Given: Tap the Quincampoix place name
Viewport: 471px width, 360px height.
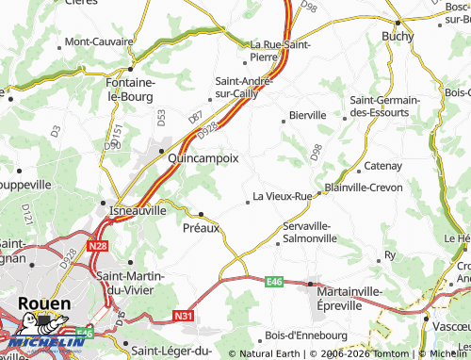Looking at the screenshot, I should click(x=203, y=159).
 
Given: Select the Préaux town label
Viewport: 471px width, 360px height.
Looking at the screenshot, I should click(x=201, y=227).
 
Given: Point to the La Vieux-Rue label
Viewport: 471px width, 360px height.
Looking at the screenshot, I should click(x=282, y=197).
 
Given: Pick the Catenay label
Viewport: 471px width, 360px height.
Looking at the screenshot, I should click(x=382, y=167).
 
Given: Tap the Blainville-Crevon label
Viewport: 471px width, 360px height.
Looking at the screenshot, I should click(x=363, y=188).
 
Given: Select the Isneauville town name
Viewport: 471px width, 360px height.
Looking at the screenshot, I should click(x=138, y=210).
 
